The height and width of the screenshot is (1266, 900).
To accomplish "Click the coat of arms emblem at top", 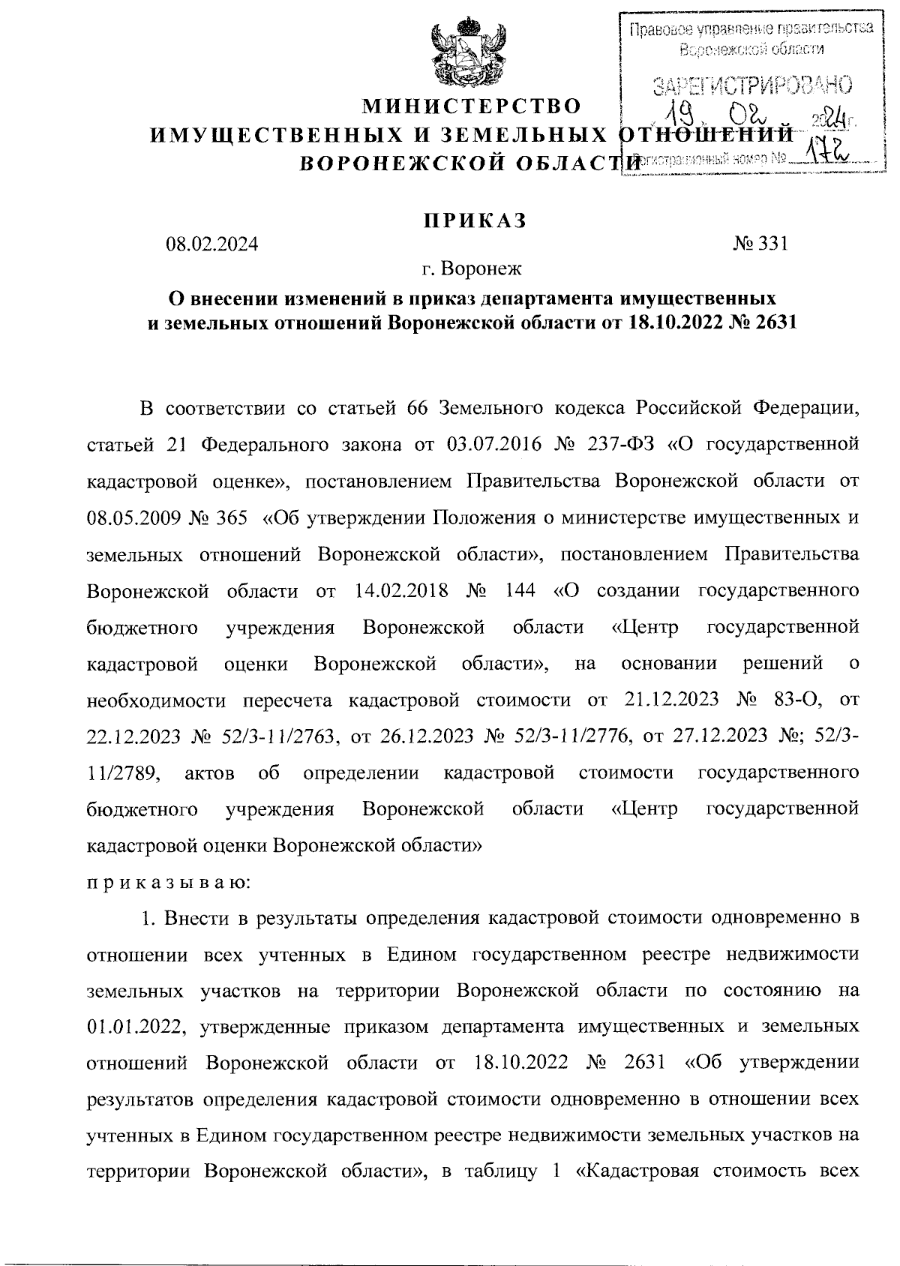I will tap(466, 54).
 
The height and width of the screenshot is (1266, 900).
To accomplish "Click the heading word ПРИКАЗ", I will tap(472, 220).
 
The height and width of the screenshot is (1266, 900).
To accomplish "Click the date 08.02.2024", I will tap(212, 244).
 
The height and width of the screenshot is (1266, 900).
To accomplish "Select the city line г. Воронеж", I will tap(472, 268).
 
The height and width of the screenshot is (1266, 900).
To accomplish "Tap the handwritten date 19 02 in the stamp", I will tap(720, 118).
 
